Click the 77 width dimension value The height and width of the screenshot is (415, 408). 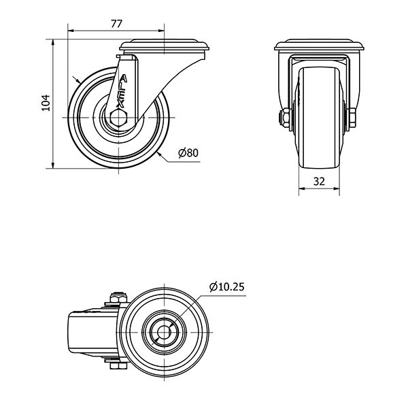coord(116,24)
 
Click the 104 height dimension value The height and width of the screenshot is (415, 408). coord(46,103)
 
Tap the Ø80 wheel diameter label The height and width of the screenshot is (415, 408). coord(188,153)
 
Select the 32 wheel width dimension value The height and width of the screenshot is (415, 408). coord(319,181)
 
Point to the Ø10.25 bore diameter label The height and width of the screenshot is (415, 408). coord(226,286)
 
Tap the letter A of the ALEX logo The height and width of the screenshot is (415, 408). coord(123,79)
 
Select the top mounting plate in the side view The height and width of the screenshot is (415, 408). coord(164,46)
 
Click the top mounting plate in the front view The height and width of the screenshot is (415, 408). coord(319,45)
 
